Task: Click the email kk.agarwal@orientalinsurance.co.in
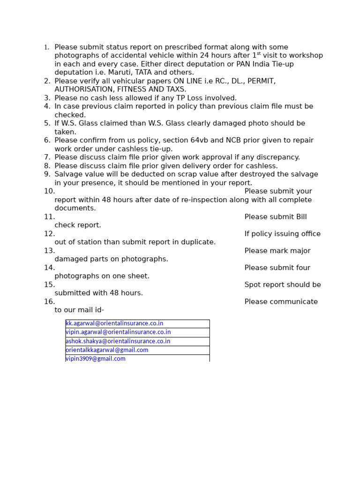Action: click(114, 323)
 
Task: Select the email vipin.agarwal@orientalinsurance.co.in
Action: click(118, 332)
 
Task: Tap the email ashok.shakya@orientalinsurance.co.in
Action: click(118, 341)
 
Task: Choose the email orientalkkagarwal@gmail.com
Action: click(107, 350)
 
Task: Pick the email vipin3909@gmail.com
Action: click(96, 359)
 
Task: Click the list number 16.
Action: click(49, 302)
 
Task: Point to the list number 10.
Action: click(49, 191)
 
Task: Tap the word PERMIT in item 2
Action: click(262, 81)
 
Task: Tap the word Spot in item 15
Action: click(253, 285)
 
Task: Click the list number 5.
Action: click(47, 123)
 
